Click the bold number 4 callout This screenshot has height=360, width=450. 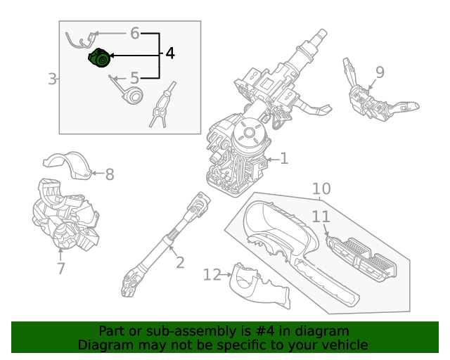[169, 53]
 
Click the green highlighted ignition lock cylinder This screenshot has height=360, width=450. [99, 59]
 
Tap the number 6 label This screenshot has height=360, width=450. [135, 32]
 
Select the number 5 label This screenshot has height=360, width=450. [134, 79]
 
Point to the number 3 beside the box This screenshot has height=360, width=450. [52, 79]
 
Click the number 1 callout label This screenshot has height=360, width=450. [284, 159]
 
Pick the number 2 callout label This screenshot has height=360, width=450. [180, 262]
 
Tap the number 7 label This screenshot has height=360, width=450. [60, 268]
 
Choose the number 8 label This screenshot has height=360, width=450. [110, 174]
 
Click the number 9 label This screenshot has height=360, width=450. [380, 72]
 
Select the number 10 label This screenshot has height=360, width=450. [321, 188]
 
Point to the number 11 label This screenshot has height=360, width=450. [321, 217]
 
